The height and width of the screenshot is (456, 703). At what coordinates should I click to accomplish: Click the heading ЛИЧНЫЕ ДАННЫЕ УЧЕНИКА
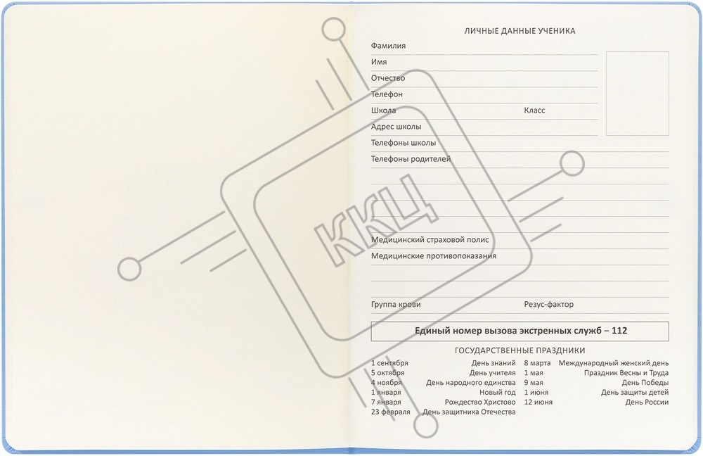[520, 31]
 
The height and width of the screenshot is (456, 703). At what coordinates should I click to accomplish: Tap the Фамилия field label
[388, 46]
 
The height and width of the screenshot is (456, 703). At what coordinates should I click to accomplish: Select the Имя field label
[379, 62]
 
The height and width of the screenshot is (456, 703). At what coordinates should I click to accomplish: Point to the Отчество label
[388, 78]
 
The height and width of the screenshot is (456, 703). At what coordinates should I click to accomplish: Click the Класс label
[534, 110]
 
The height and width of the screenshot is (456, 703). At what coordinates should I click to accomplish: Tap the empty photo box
[637, 94]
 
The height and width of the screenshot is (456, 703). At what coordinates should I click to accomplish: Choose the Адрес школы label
[396, 127]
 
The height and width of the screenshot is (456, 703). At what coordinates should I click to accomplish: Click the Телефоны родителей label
[411, 159]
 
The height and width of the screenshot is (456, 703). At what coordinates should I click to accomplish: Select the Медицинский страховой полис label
[430, 240]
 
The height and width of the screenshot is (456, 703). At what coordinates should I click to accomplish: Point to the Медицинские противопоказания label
[434, 256]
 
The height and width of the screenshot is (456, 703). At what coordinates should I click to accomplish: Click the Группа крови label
[396, 305]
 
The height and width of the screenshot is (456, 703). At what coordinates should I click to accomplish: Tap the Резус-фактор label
[549, 304]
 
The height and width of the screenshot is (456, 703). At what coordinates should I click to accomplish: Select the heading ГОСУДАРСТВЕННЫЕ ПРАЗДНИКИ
[520, 350]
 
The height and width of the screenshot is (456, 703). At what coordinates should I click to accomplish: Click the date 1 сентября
[389, 363]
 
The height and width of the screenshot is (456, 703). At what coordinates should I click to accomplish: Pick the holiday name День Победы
[645, 383]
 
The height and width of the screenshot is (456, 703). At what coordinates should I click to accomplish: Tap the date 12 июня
[538, 402]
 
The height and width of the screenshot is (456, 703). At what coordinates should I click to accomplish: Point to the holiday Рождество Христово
[480, 402]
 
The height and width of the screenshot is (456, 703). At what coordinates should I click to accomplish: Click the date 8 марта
[537, 363]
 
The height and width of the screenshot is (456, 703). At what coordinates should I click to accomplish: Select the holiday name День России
[647, 402]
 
